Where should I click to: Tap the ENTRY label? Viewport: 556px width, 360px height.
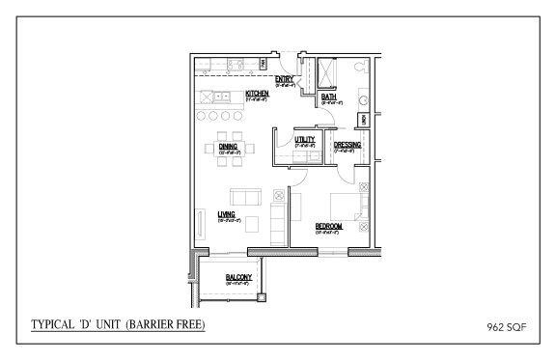click(284, 78)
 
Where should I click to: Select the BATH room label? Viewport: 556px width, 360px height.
click(328, 97)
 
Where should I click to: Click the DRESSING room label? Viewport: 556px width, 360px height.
click(347, 145)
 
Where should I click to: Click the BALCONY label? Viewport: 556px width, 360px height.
click(238, 277)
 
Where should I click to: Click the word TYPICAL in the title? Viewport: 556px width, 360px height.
click(55, 321)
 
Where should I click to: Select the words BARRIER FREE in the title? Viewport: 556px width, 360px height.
click(176, 321)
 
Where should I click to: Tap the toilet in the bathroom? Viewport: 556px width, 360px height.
click(360, 69)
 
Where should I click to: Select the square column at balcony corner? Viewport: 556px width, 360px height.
click(262, 296)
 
